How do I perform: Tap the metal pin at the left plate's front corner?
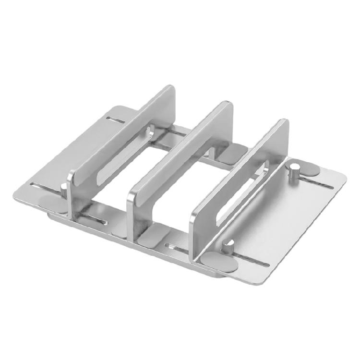64,189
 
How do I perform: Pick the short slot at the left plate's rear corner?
118,118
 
